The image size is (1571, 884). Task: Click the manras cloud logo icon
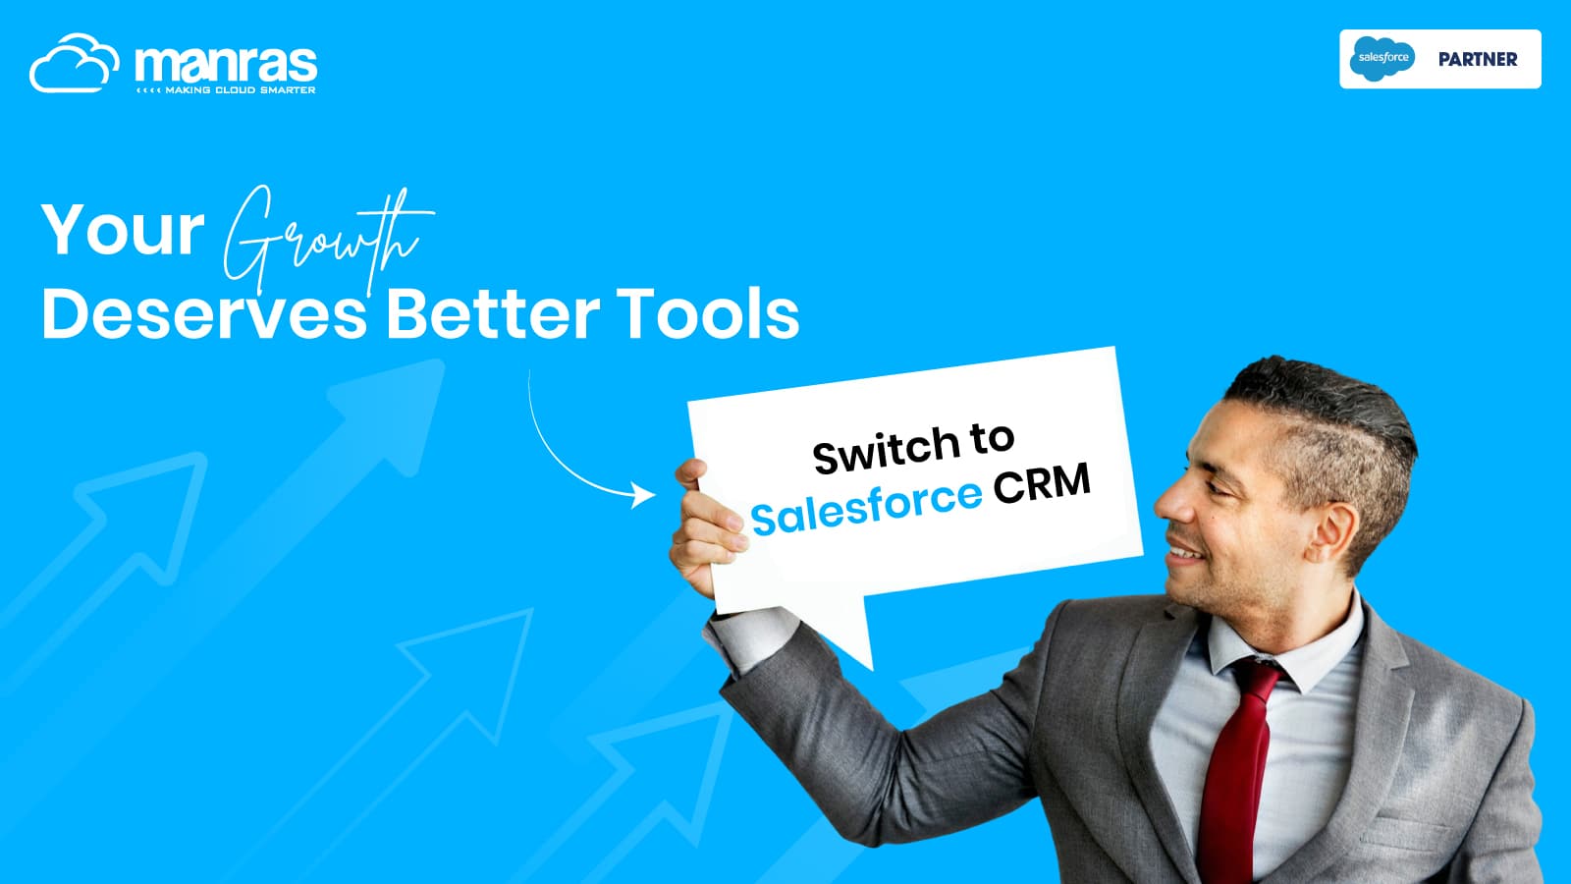pyautogui.click(x=75, y=63)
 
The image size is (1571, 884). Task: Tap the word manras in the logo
pyautogui.click(x=226, y=65)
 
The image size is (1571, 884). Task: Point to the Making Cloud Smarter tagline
pyautogui.click(x=226, y=89)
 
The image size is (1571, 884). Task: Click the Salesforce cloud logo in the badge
pyautogui.click(x=1382, y=58)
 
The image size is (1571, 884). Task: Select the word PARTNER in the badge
pyautogui.click(x=1478, y=59)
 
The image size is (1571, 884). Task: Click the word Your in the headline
pyautogui.click(x=123, y=230)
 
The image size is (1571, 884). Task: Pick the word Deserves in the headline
pyautogui.click(x=204, y=314)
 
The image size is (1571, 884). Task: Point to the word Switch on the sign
pyautogui.click(x=886, y=449)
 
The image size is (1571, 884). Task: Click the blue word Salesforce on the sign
pyautogui.click(x=866, y=507)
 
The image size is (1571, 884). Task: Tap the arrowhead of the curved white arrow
pyautogui.click(x=643, y=495)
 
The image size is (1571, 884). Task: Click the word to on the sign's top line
pyautogui.click(x=993, y=438)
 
